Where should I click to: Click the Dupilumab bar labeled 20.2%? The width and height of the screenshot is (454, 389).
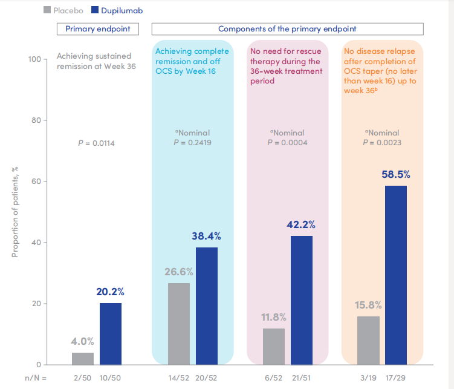[110, 334]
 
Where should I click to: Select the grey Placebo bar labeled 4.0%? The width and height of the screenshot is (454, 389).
[83, 359]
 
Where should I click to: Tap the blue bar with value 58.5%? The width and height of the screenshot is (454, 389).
[396, 275]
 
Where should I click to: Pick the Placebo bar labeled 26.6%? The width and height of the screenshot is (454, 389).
[179, 324]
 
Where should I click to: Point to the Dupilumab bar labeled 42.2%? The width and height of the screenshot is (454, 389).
[302, 300]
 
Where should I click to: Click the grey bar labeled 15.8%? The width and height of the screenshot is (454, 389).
[369, 341]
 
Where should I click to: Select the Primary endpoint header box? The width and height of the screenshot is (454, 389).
[97, 28]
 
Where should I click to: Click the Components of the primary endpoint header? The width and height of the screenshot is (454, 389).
[287, 28]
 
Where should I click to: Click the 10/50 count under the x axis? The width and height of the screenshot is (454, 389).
[111, 378]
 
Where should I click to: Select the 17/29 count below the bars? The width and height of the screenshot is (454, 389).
[396, 378]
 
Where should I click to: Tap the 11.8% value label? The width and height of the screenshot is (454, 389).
[274, 317]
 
